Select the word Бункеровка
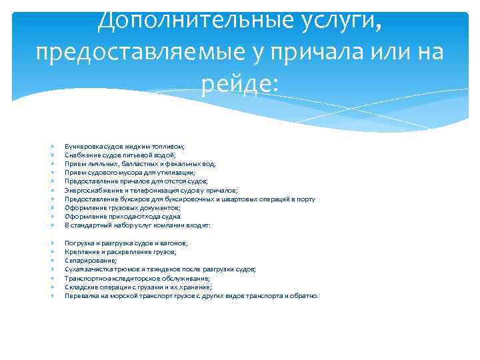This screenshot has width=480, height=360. (x=81, y=145)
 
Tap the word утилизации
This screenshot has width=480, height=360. (x=176, y=172)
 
